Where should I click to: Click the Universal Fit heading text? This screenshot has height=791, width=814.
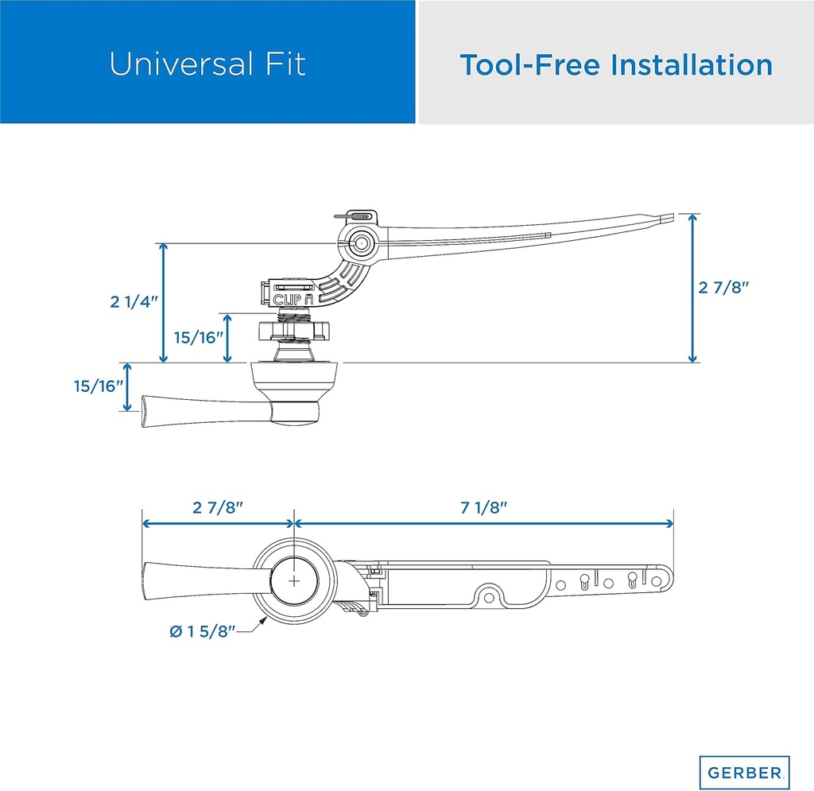[207, 64]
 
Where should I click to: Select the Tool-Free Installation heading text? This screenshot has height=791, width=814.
[616, 64]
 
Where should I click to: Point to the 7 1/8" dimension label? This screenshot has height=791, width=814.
[483, 508]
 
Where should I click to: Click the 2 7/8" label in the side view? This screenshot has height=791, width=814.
[724, 288]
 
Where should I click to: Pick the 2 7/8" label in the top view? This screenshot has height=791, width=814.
[218, 508]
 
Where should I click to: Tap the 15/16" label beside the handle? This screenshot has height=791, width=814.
[98, 386]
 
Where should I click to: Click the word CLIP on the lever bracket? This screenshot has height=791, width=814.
[287, 299]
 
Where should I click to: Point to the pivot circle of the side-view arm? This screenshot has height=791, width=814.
[361, 243]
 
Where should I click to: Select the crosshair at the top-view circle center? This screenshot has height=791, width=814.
[295, 580]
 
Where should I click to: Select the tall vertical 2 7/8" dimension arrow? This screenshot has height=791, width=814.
[693, 288]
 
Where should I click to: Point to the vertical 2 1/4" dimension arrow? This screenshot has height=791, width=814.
[165, 302]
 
